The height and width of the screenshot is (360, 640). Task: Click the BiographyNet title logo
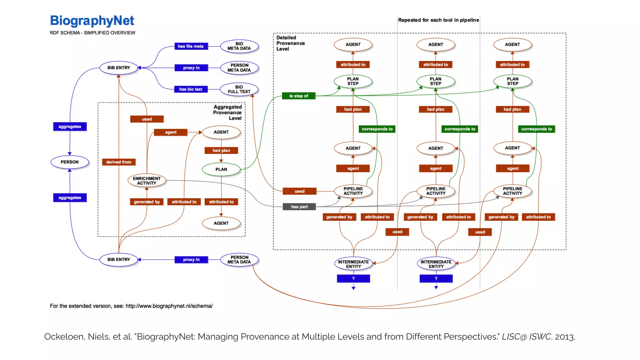[92, 21]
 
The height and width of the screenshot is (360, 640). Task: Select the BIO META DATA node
[239, 46]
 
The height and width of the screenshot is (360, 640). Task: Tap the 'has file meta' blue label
[191, 46]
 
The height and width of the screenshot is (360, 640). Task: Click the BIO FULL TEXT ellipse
[239, 89]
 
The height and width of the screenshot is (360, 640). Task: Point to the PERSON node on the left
[70, 162]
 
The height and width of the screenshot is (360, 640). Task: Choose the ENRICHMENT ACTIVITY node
[147, 181]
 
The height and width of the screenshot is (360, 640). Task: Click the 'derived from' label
[118, 162]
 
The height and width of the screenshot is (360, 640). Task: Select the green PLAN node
[221, 169]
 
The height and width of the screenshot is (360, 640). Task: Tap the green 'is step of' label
[298, 96]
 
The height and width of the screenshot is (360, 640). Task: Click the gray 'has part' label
[299, 207]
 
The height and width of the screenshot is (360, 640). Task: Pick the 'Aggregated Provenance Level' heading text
[227, 112]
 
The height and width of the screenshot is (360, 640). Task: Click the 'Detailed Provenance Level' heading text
[290, 43]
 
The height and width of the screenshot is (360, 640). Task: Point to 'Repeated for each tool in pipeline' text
[438, 20]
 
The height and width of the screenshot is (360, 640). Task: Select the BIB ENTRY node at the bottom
[119, 259]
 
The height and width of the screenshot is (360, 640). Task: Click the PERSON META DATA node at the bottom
[239, 260]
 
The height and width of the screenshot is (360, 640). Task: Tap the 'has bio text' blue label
[191, 89]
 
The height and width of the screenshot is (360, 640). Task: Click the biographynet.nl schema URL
[169, 306]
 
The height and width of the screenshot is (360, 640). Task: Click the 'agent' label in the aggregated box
[171, 132]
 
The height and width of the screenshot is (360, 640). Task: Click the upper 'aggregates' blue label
[70, 127]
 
